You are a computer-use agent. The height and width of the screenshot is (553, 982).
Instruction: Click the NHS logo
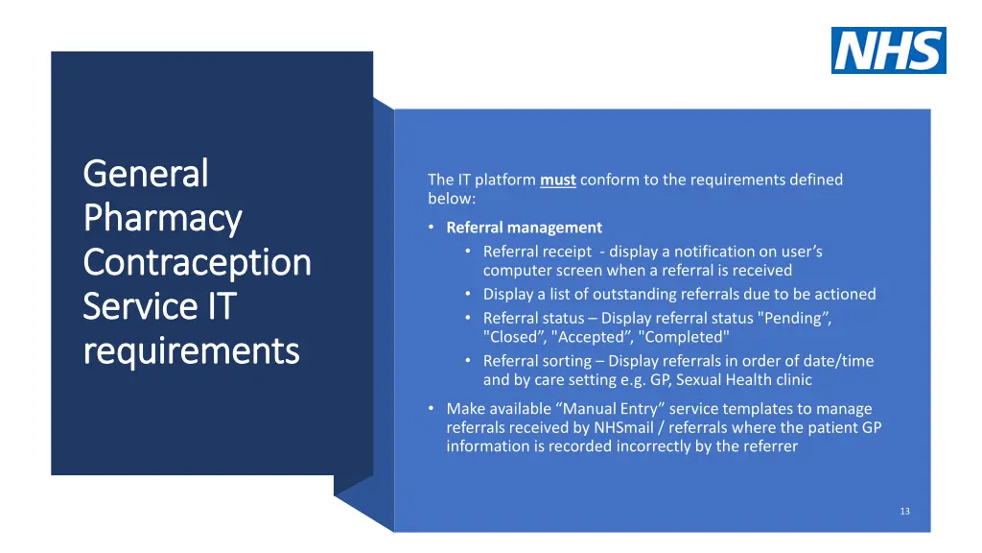click(888, 50)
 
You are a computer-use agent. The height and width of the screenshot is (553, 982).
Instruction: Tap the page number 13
click(904, 512)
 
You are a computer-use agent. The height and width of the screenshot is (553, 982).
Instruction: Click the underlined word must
click(557, 180)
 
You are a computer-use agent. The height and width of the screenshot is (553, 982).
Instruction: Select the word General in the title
click(146, 174)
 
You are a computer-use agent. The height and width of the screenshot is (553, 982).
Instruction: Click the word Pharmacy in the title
click(162, 218)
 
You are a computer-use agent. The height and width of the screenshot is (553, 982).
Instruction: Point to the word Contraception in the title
click(197, 262)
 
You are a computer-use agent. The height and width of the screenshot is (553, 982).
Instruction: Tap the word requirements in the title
click(191, 350)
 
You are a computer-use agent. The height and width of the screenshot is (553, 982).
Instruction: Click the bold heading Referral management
click(524, 228)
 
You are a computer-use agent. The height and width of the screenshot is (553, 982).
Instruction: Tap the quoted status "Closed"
click(514, 337)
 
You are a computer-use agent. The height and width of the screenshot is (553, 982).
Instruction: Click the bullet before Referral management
click(433, 228)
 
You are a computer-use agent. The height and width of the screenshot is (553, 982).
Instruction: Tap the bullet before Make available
click(433, 409)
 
